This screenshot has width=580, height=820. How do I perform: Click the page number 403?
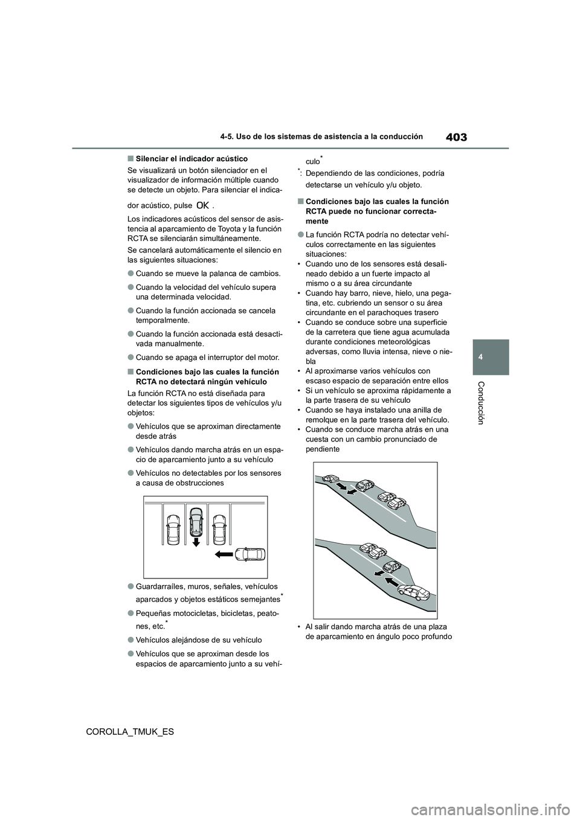coord(457,137)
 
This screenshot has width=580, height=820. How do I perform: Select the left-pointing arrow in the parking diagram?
coord(223,553)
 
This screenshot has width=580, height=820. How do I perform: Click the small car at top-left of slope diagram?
coord(329,479)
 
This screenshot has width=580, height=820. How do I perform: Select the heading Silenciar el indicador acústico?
coord(191,159)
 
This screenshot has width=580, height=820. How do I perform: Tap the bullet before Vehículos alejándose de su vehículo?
coord(130,639)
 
